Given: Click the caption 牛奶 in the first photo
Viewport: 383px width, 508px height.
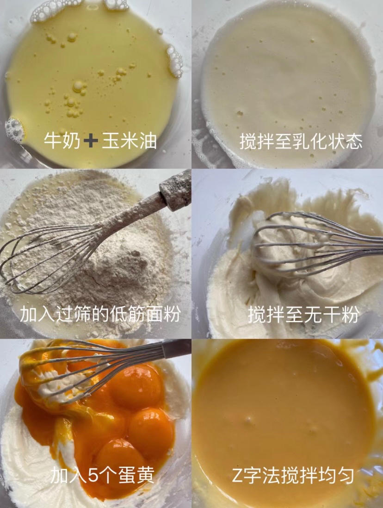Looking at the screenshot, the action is (62, 141).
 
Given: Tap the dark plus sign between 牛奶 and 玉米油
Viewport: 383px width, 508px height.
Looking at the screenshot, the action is (91, 141).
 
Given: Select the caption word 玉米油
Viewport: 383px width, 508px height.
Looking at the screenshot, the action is (130, 141).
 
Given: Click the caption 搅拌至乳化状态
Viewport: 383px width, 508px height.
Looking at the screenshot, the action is (301, 142).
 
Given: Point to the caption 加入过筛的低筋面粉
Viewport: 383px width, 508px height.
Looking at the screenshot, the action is (100, 314).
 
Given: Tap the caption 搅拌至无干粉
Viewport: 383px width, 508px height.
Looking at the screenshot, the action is (303, 314).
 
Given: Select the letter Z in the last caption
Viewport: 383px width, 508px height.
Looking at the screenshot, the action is (238, 475).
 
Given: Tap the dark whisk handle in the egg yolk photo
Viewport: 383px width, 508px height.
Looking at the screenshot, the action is (176, 348).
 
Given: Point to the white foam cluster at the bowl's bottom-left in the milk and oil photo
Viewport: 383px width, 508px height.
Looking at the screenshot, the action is (15, 130).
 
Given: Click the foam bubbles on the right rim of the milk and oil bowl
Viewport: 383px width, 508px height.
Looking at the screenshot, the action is (175, 61).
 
